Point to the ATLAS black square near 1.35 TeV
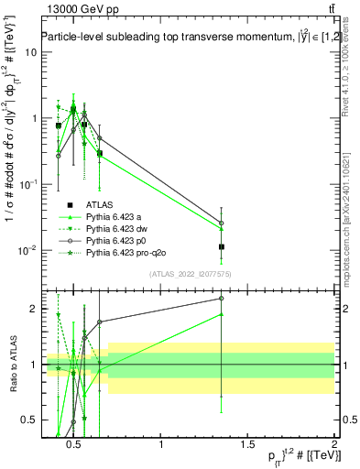click(222, 246)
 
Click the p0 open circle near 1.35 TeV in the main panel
click(222, 223)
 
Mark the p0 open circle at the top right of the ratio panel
click(222, 298)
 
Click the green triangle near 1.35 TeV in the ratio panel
click(222, 314)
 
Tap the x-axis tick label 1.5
click(247, 445)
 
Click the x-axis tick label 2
click(334, 445)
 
